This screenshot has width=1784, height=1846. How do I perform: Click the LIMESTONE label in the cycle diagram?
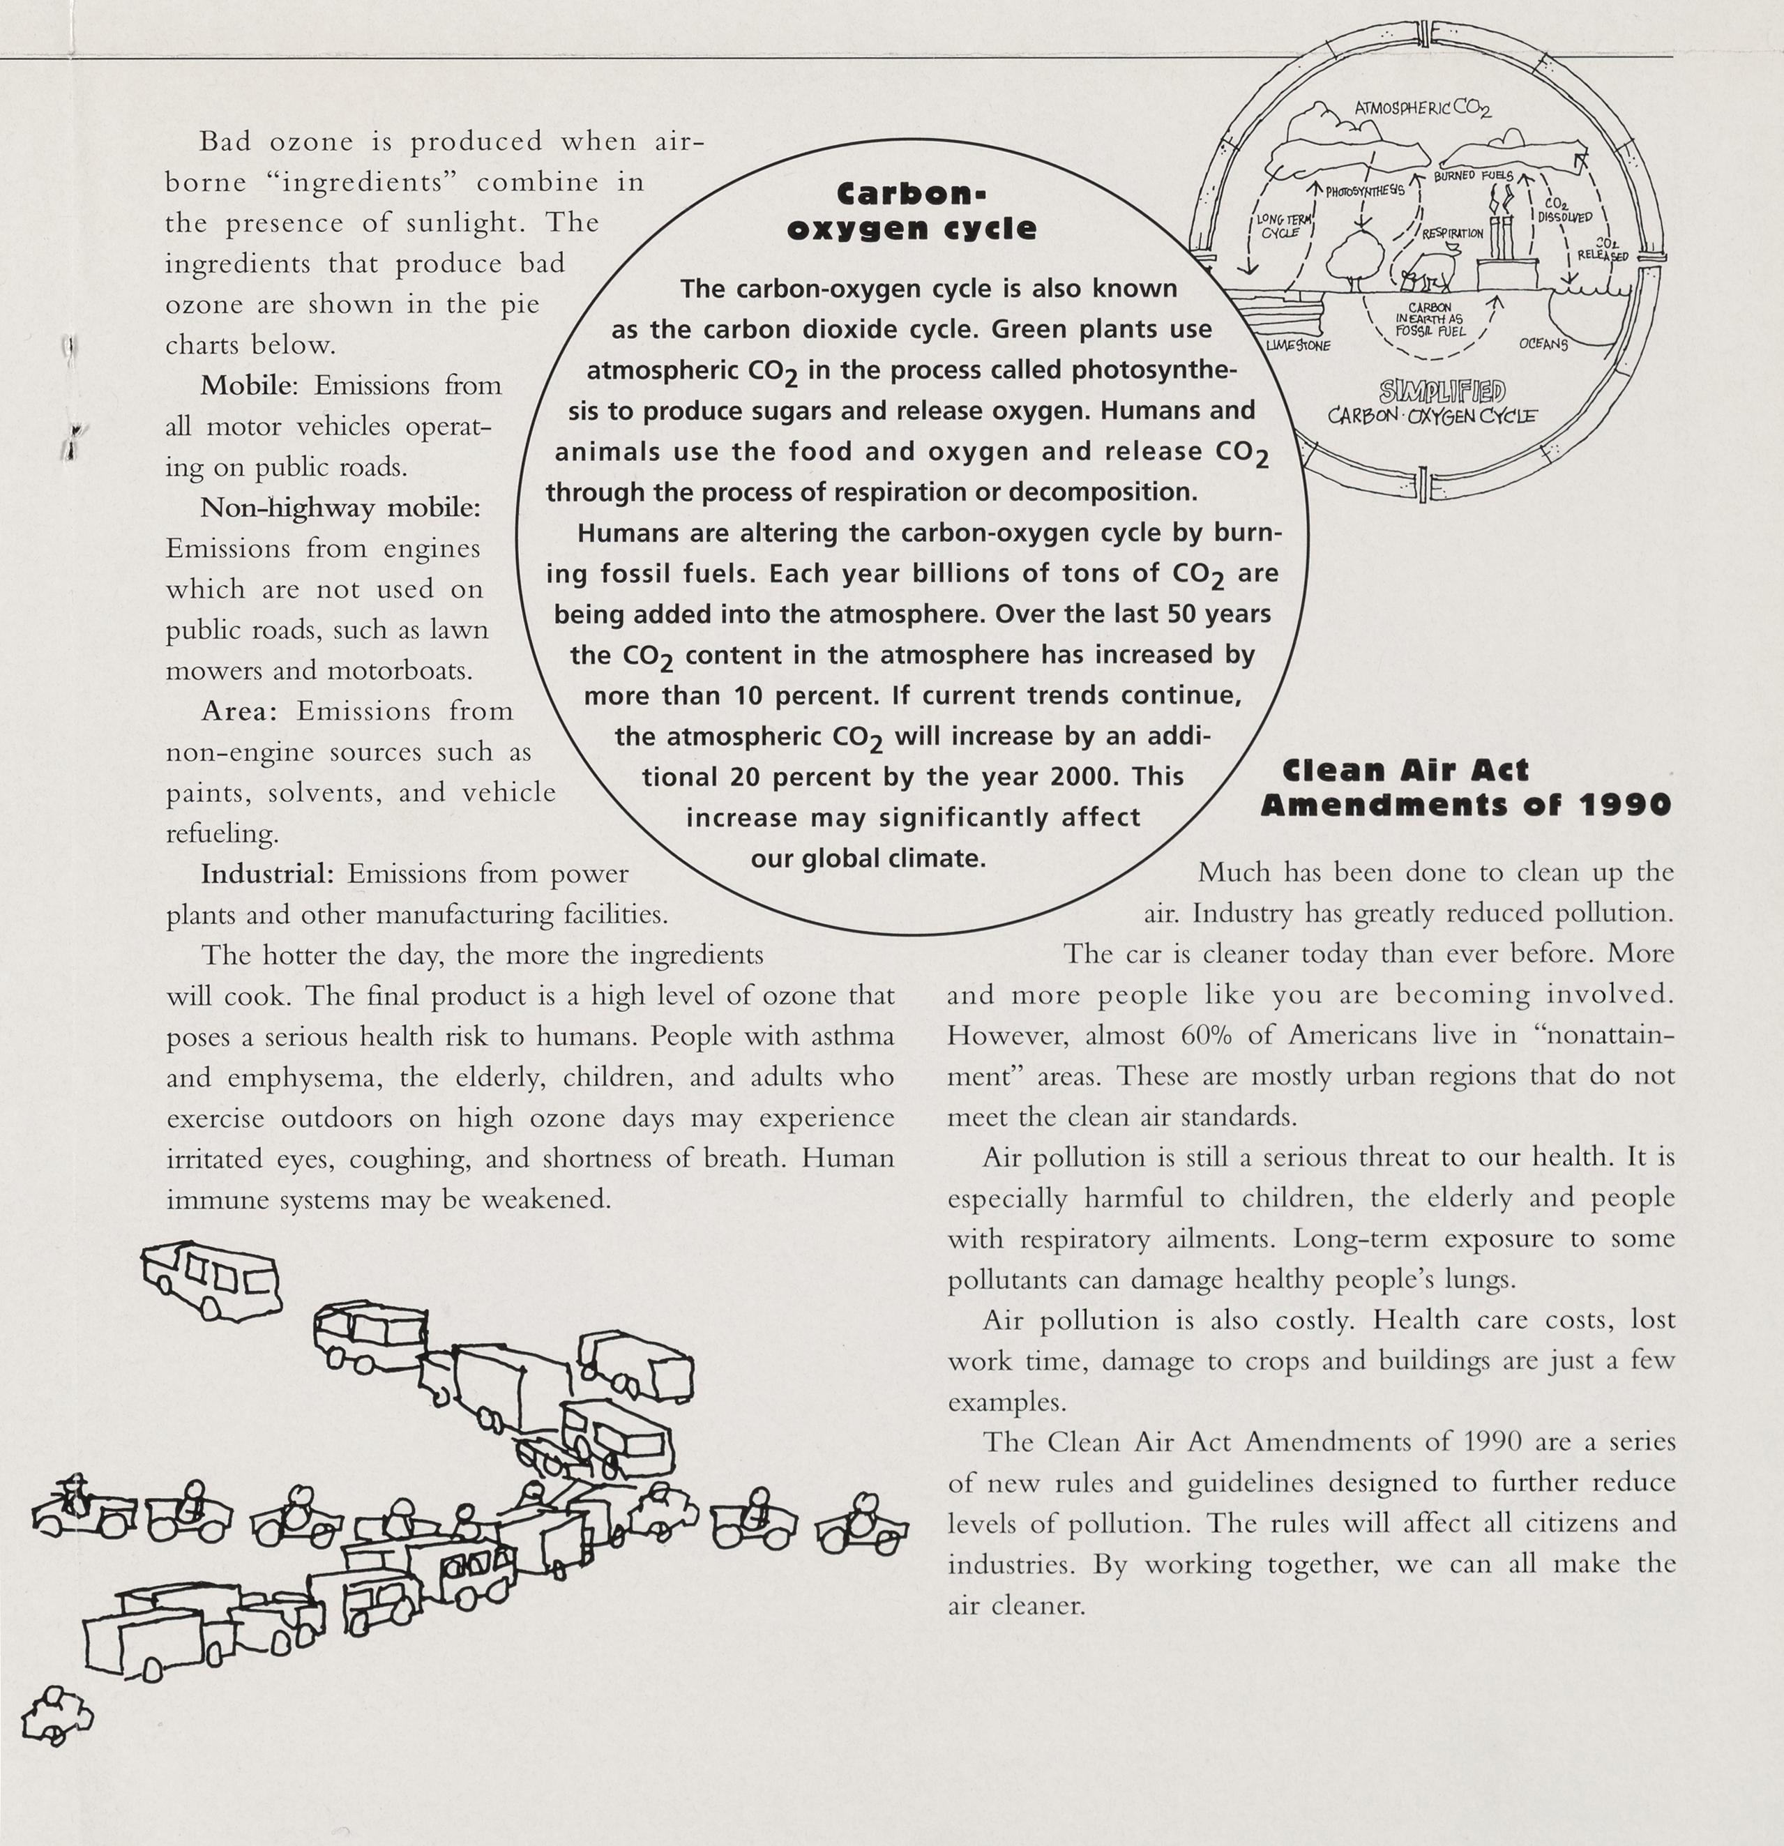[1298, 346]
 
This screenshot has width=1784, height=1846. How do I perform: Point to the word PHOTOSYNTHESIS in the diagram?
[1365, 191]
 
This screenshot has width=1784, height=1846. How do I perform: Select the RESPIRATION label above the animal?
[1453, 233]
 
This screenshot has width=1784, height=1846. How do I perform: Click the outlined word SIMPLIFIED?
[1442, 391]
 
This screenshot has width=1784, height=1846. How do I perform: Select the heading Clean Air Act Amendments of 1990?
[1466, 788]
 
